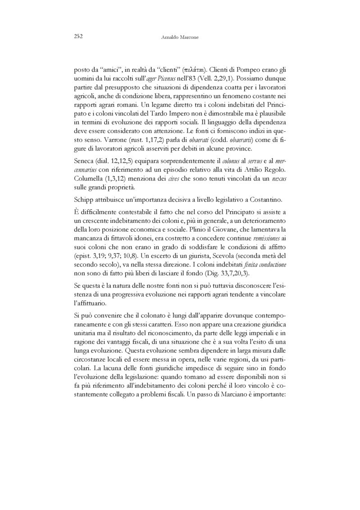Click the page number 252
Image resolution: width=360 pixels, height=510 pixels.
pyautogui.click(x=77, y=37)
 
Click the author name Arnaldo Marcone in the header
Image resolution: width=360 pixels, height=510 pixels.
pyautogui.click(x=180, y=37)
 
